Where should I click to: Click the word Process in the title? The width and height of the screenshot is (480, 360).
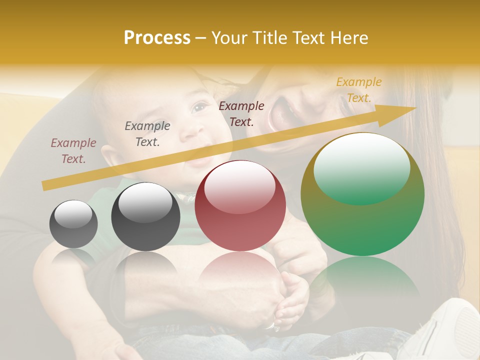(157, 38)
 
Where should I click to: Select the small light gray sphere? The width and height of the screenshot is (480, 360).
(73, 224)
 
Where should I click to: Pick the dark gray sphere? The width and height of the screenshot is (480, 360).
(145, 217)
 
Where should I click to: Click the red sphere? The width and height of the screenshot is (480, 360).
(240, 205)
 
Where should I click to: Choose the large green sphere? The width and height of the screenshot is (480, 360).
(362, 194)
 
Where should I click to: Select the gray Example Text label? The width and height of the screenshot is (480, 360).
(147, 134)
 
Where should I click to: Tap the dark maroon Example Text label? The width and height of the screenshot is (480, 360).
(241, 113)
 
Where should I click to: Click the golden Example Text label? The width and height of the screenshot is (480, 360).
(358, 90)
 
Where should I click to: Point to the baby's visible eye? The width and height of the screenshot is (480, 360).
(199, 107)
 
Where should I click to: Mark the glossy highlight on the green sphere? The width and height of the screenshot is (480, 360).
(361, 167)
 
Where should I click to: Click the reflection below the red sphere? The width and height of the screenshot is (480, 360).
(240, 270)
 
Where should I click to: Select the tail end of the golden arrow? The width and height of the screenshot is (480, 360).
(47, 185)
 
